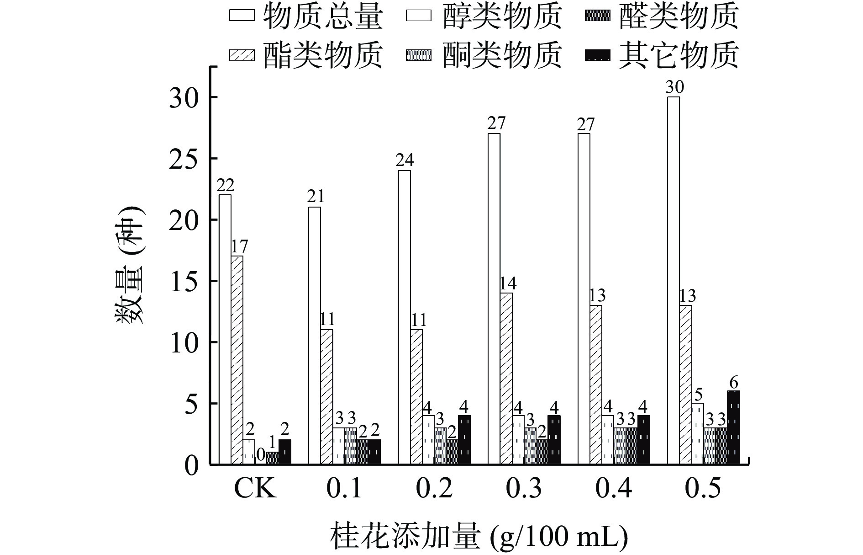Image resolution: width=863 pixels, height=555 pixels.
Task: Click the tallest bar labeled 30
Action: (673, 281)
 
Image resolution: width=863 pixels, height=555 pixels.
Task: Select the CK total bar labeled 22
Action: (225, 329)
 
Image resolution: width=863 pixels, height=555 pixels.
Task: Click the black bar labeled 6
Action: (733, 427)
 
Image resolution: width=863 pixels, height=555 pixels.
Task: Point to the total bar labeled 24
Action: (404, 317)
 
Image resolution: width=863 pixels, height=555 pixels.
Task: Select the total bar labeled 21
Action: (314, 336)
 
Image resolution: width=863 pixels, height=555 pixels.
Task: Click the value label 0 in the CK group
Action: (260, 454)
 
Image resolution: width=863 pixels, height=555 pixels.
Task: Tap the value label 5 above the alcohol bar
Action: (698, 394)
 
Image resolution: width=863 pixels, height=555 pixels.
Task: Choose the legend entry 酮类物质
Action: (484, 55)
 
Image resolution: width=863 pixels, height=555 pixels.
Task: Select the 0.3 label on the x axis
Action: (524, 489)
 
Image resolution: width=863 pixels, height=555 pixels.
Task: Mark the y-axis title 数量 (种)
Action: (129, 265)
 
